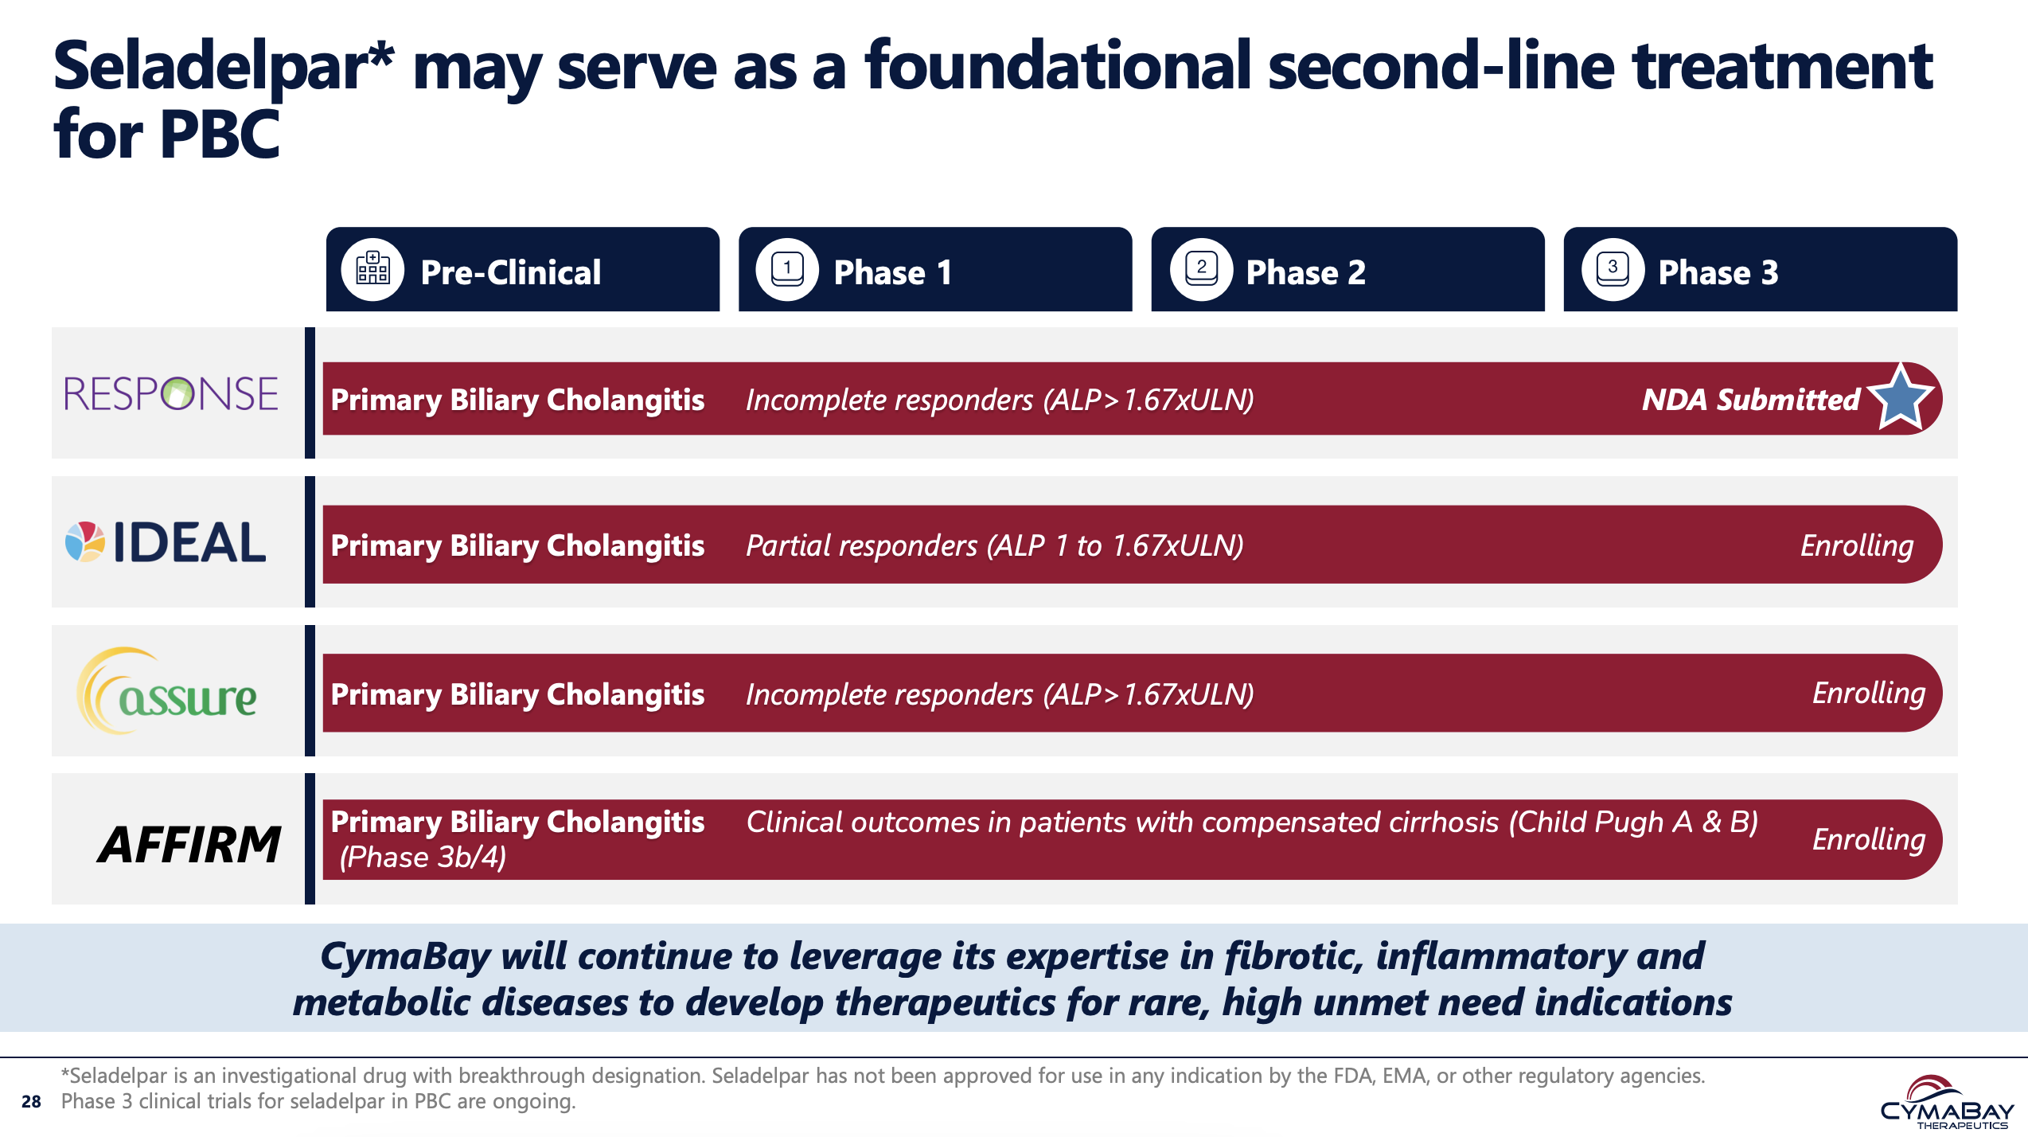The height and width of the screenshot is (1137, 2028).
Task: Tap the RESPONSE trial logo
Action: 171,393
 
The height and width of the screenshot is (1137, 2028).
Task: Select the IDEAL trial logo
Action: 166,542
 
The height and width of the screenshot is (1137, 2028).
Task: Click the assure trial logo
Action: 168,692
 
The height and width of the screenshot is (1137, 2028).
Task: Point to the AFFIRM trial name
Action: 189,844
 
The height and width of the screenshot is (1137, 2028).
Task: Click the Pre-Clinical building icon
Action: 372,270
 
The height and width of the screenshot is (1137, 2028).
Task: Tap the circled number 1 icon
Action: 787,270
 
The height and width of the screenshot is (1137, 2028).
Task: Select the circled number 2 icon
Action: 1201,270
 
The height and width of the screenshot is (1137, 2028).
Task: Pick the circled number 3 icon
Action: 1613,270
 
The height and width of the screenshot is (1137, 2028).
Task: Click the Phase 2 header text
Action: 1305,273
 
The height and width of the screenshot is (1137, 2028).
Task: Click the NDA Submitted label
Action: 1750,400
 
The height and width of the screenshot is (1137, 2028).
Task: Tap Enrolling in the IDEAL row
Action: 1856,546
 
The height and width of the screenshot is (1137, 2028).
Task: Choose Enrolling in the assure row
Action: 1868,694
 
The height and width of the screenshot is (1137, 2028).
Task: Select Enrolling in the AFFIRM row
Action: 1868,840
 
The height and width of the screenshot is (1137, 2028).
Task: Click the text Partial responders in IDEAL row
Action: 861,546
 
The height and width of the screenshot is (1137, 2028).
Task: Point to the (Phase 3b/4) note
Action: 423,858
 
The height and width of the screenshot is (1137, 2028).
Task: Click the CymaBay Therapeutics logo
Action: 1946,1103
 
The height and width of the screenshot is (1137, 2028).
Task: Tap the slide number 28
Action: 31,1101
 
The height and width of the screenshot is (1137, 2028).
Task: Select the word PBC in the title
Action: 220,135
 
